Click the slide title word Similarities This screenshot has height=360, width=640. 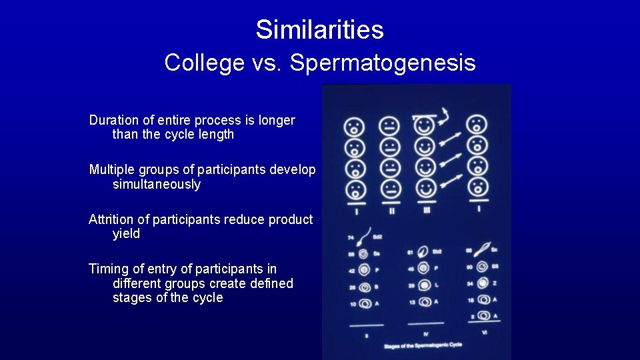[319, 29]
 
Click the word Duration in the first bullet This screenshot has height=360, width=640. [113, 121]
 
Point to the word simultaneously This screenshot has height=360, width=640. [157, 184]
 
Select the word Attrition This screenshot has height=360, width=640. [113, 219]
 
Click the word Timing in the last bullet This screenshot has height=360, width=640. [109, 269]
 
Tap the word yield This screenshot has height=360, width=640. [127, 233]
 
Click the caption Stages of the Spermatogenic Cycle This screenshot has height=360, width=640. [423, 345]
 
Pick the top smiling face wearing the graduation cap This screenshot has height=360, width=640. [424, 125]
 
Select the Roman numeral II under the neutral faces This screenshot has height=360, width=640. [391, 211]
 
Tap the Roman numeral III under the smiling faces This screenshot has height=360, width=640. [426, 211]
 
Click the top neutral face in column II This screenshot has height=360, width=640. [390, 126]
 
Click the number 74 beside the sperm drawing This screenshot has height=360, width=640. [351, 237]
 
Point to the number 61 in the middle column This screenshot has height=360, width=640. [410, 253]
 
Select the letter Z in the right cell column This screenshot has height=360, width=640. [495, 284]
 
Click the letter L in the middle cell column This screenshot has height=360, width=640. [437, 285]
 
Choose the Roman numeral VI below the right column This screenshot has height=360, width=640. [485, 331]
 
